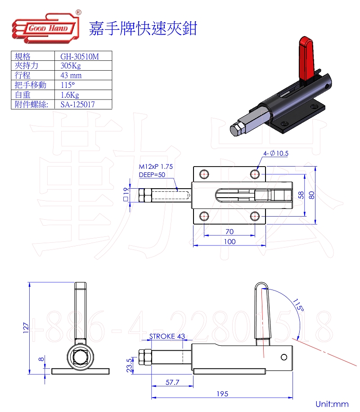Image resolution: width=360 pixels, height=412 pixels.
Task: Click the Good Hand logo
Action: coord(46,27)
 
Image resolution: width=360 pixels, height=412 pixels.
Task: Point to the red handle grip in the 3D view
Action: coord(306,59)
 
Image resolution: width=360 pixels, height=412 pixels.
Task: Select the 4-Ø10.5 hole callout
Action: coord(276,153)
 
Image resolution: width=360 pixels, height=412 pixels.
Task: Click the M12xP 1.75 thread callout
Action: coord(156,167)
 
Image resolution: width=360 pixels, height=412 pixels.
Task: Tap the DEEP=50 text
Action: coord(152,175)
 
